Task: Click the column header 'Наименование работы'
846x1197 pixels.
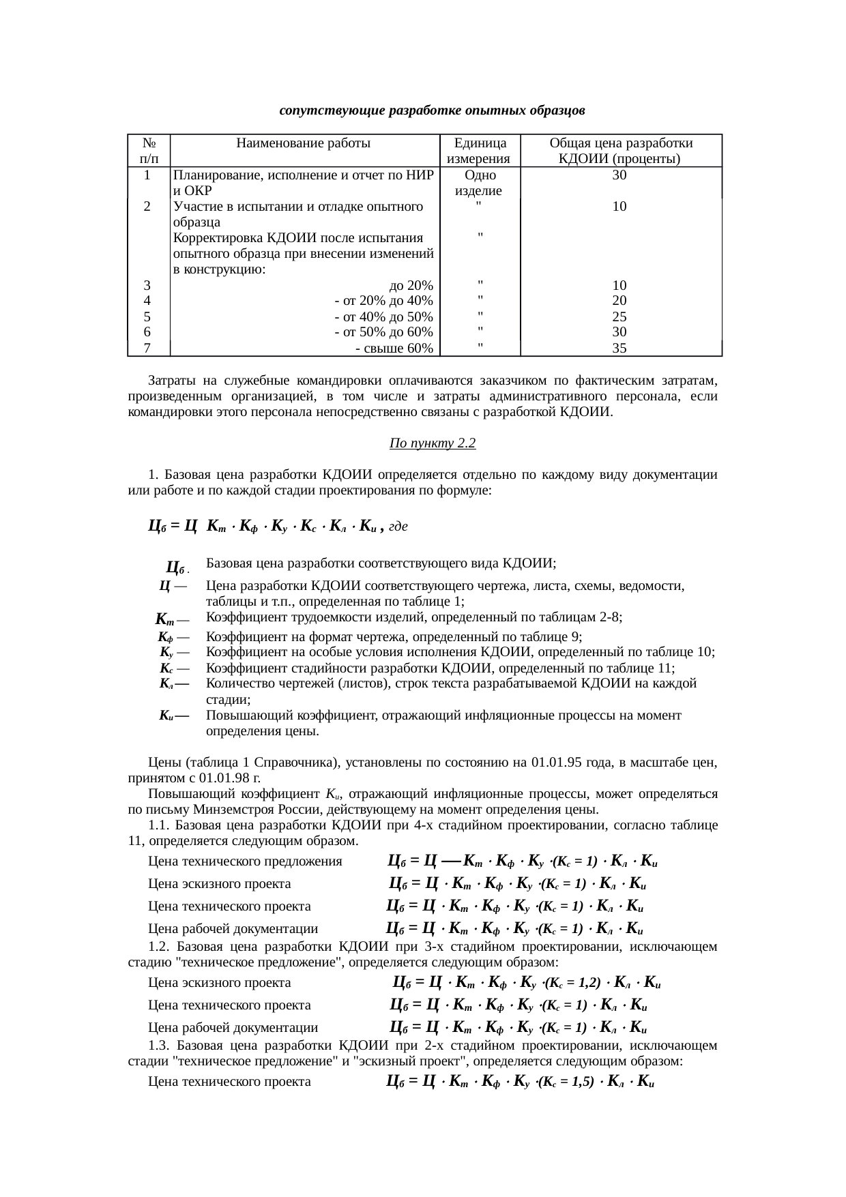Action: click(x=303, y=143)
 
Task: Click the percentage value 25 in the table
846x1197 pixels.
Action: click(x=619, y=316)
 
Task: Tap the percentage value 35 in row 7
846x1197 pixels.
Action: click(x=619, y=349)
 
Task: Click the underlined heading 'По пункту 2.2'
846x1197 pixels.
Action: click(x=432, y=443)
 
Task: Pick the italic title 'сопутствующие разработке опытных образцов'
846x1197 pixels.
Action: click(x=432, y=110)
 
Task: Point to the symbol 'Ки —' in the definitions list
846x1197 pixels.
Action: click(x=173, y=716)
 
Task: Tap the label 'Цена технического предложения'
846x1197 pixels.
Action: click(x=245, y=862)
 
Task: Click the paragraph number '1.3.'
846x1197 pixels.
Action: click(x=158, y=1046)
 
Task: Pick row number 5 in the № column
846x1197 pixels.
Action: click(x=147, y=316)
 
